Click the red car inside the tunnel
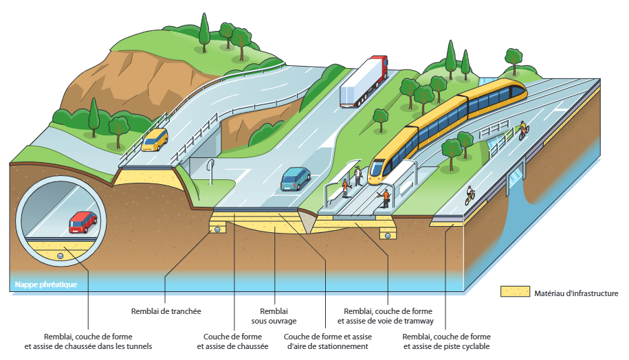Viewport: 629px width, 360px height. pyautogui.click(x=82, y=222)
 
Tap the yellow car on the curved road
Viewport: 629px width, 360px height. pyautogui.click(x=155, y=139)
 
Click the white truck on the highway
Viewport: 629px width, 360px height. pyautogui.click(x=364, y=82)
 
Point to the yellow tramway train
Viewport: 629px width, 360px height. pyautogui.click(x=447, y=127)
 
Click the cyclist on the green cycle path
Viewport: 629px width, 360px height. pyautogui.click(x=470, y=194)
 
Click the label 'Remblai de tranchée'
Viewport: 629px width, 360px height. pyautogui.click(x=166, y=311)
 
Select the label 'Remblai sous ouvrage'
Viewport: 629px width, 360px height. pyautogui.click(x=274, y=315)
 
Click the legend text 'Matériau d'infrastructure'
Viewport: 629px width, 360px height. pyautogui.click(x=576, y=293)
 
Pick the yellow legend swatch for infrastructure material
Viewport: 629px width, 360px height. pyautogui.click(x=515, y=293)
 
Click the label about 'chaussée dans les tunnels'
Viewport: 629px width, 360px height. pyautogui.click(x=88, y=341)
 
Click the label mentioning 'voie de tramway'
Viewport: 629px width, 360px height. pyautogui.click(x=388, y=316)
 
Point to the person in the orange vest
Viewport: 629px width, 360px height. pyautogui.click(x=386, y=199)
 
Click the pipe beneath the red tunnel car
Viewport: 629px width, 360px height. pyautogui.click(x=60, y=256)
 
